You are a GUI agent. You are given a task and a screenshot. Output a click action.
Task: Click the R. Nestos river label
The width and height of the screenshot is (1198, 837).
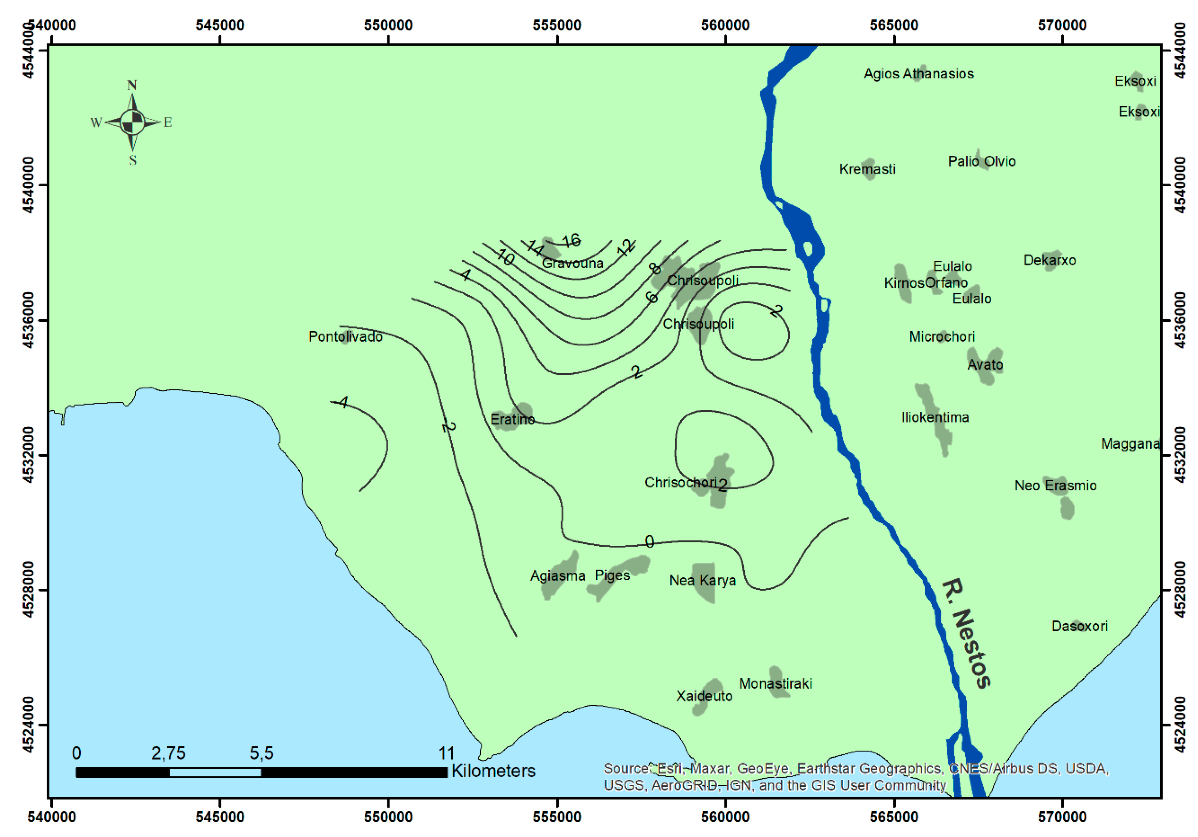(966, 634)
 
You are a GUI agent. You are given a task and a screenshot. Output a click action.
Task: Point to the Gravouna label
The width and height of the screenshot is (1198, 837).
(572, 263)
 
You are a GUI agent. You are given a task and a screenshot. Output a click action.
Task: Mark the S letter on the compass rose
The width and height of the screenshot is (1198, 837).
(133, 160)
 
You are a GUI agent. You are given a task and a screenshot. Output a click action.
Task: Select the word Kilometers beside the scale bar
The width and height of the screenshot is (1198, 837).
(493, 771)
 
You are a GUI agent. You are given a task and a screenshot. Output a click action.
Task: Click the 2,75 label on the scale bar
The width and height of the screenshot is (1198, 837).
(168, 753)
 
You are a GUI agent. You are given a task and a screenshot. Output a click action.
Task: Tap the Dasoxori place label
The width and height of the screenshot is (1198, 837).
(1079, 626)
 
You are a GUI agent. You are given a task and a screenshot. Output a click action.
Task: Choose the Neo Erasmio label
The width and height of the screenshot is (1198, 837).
(1055, 485)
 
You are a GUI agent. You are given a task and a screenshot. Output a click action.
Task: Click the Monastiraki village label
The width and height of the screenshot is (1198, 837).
(776, 684)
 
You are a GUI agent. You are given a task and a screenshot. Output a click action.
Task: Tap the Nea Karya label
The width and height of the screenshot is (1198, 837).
(702, 580)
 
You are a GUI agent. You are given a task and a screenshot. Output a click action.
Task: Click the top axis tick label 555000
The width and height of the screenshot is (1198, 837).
(557, 25)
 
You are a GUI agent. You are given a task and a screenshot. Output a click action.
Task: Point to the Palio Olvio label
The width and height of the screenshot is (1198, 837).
(981, 162)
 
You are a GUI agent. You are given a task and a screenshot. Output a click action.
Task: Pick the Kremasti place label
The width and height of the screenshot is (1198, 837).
(867, 169)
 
